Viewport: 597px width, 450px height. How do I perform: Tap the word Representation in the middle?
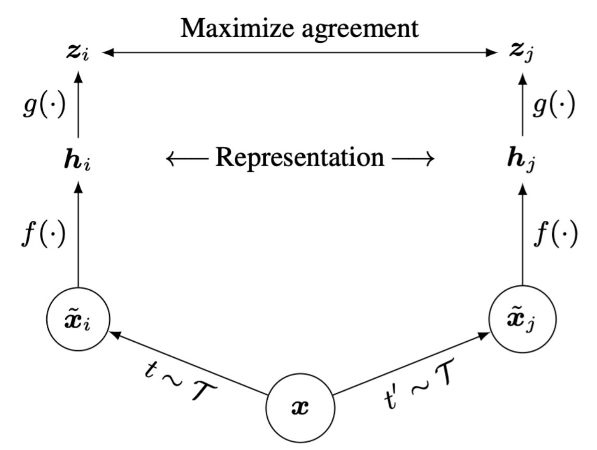300,157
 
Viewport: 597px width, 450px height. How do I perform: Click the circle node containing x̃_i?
78,319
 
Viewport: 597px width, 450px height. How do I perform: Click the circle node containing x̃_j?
523,319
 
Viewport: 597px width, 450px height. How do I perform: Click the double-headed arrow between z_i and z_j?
300,52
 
